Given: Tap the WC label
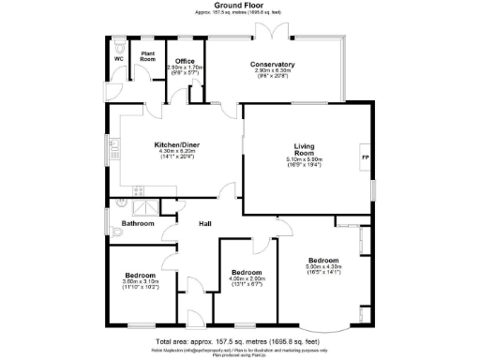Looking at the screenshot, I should [119, 59].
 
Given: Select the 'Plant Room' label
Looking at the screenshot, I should [147, 56].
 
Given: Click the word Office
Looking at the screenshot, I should [184, 61].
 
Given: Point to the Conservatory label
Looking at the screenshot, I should [273, 64].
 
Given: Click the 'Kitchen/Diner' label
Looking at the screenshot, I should [176, 144].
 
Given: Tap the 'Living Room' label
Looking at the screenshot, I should [304, 150].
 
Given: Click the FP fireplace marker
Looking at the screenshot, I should [365, 157].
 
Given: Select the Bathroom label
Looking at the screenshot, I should [138, 224].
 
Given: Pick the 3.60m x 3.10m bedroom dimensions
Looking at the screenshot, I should [141, 282].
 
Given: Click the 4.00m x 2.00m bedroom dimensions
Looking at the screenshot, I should [247, 278].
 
